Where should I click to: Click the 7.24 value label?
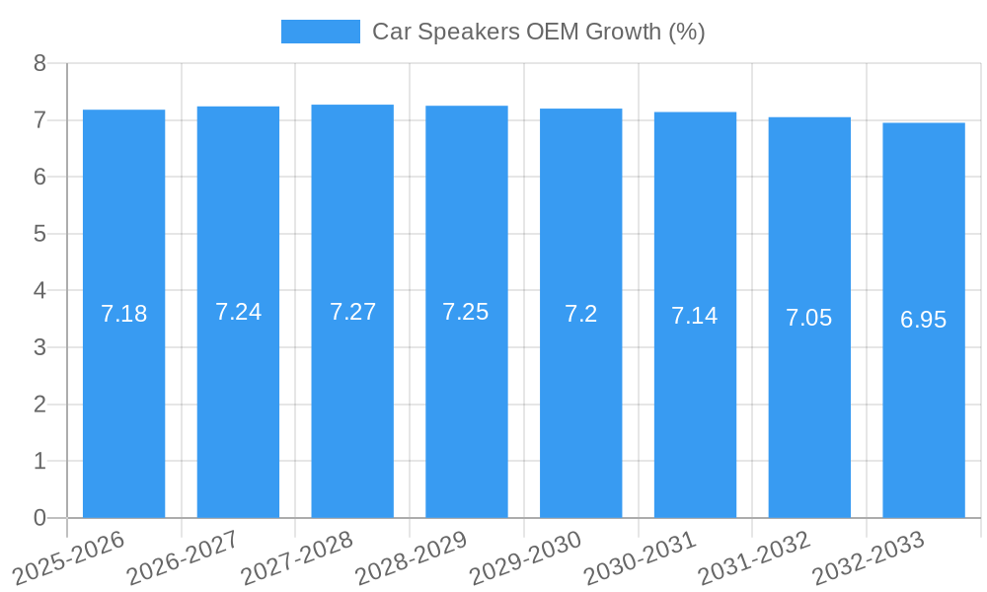(238, 312)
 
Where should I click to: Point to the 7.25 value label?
(466, 312)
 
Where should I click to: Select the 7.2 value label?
(580, 314)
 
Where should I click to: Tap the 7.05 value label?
(808, 318)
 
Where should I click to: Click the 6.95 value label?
(923, 320)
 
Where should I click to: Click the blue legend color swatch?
(320, 32)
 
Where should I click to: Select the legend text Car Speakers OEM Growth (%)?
(538, 32)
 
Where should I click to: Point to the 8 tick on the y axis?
(40, 63)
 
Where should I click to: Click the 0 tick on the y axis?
(40, 518)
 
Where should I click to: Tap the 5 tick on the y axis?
(40, 234)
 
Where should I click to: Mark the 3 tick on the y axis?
(40, 347)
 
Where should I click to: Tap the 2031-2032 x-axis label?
(753, 557)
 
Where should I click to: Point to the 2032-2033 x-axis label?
(868, 557)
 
